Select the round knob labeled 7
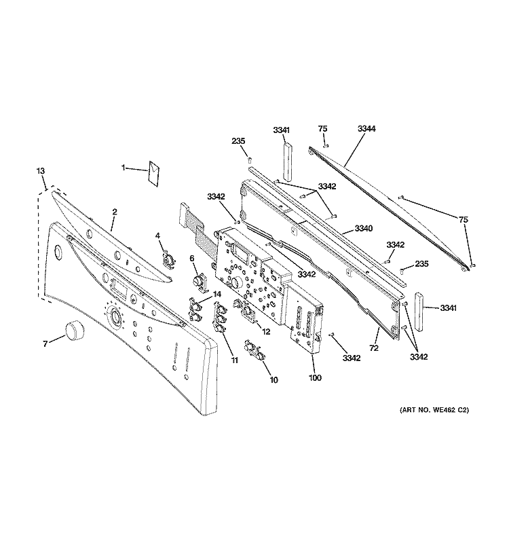pos(75,332)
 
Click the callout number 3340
pos(364,229)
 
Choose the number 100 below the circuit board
pos(315,378)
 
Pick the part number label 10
pos(274,380)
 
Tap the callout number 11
pos(234,360)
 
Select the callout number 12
pos(266,332)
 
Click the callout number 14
pos(217,294)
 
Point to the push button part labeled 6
pos(198,280)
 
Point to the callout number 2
pos(114,212)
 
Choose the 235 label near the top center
pos(238,141)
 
